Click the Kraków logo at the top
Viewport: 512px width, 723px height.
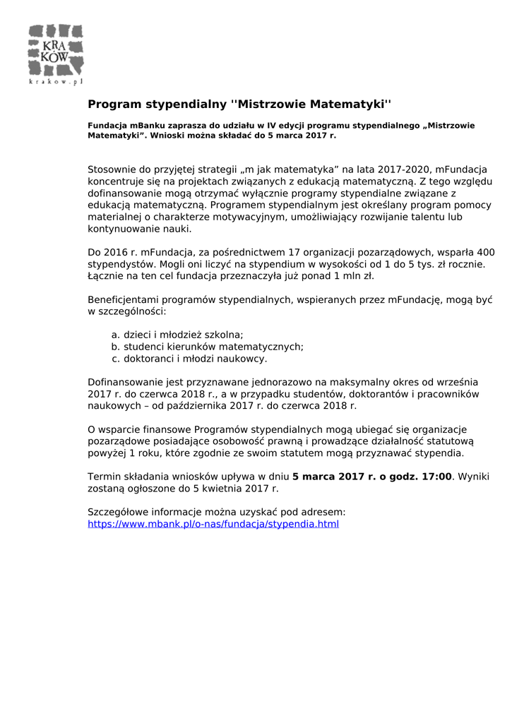(56, 50)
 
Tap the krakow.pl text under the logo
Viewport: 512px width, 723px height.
(56, 82)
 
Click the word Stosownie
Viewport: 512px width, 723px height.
(112, 169)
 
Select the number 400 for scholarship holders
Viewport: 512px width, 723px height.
(487, 252)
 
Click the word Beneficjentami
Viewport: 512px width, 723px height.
(126, 300)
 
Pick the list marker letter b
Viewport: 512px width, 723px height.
(115, 347)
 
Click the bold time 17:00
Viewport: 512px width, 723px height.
(436, 477)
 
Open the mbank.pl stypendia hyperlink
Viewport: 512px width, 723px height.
(213, 525)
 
